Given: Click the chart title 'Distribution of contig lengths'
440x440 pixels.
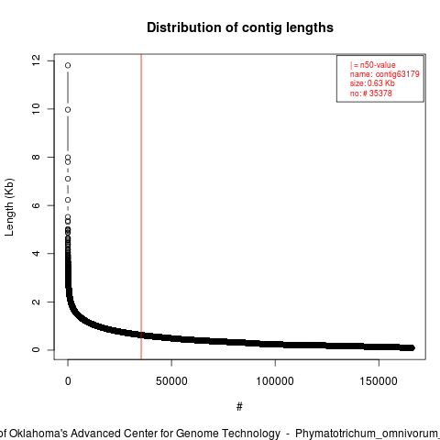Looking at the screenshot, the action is click(x=240, y=27).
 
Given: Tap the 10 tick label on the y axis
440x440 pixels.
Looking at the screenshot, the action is click(x=36, y=109).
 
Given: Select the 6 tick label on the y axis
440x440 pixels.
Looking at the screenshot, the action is click(x=36, y=205).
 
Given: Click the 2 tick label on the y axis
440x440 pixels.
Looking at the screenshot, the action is click(x=36, y=302).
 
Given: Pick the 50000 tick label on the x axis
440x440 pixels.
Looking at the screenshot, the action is click(x=171, y=381).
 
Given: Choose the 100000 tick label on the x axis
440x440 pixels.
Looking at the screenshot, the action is click(x=275, y=381).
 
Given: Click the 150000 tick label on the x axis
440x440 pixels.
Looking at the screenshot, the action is click(x=379, y=381).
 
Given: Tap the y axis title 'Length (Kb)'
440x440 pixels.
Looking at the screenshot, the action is click(x=9, y=207).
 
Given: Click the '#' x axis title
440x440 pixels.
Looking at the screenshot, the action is click(x=239, y=407).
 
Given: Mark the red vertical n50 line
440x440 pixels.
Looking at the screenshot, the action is click(x=141, y=206).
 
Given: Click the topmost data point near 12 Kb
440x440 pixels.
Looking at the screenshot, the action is click(x=68, y=65).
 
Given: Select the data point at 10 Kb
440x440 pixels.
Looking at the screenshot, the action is click(x=68, y=110).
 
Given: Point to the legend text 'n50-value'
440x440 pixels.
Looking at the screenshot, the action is click(x=378, y=65).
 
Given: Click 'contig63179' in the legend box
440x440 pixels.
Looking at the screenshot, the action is click(x=398, y=74).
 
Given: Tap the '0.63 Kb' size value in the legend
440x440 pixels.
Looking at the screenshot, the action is click(x=381, y=83).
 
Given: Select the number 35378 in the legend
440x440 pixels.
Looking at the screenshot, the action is click(x=380, y=93).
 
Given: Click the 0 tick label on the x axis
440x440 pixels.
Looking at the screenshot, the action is click(x=68, y=381).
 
